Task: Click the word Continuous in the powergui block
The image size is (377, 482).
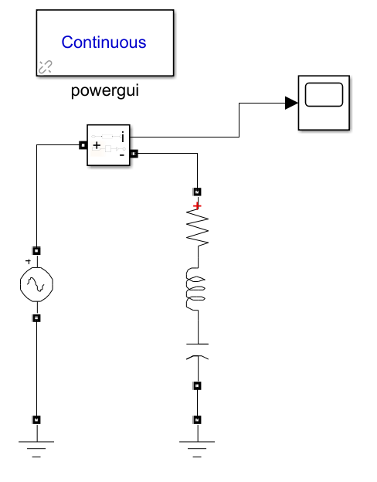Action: (104, 42)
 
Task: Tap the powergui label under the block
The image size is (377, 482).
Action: (105, 90)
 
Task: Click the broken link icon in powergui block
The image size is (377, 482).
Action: (46, 67)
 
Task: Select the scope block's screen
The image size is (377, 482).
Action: (324, 95)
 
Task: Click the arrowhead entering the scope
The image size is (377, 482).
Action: (291, 103)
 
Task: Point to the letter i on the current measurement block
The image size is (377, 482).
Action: (123, 137)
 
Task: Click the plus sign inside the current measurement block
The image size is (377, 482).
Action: (97, 145)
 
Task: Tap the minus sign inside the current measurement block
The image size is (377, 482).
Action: (122, 155)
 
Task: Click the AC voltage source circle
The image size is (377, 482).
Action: (36, 284)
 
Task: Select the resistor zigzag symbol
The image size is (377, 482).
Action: (198, 227)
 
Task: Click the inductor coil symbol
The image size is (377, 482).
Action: (195, 289)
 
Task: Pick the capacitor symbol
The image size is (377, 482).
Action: (198, 351)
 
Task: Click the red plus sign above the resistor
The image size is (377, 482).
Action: (197, 205)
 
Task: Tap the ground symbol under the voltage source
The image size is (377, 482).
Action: (36, 449)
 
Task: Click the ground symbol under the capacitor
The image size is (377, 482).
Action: (197, 449)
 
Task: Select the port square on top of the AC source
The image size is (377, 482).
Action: (36, 251)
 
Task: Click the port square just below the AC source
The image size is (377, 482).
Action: (36, 317)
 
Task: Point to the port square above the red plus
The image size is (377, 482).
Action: (197, 192)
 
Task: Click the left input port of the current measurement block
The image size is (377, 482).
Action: (83, 145)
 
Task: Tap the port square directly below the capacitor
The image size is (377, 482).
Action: (197, 385)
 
